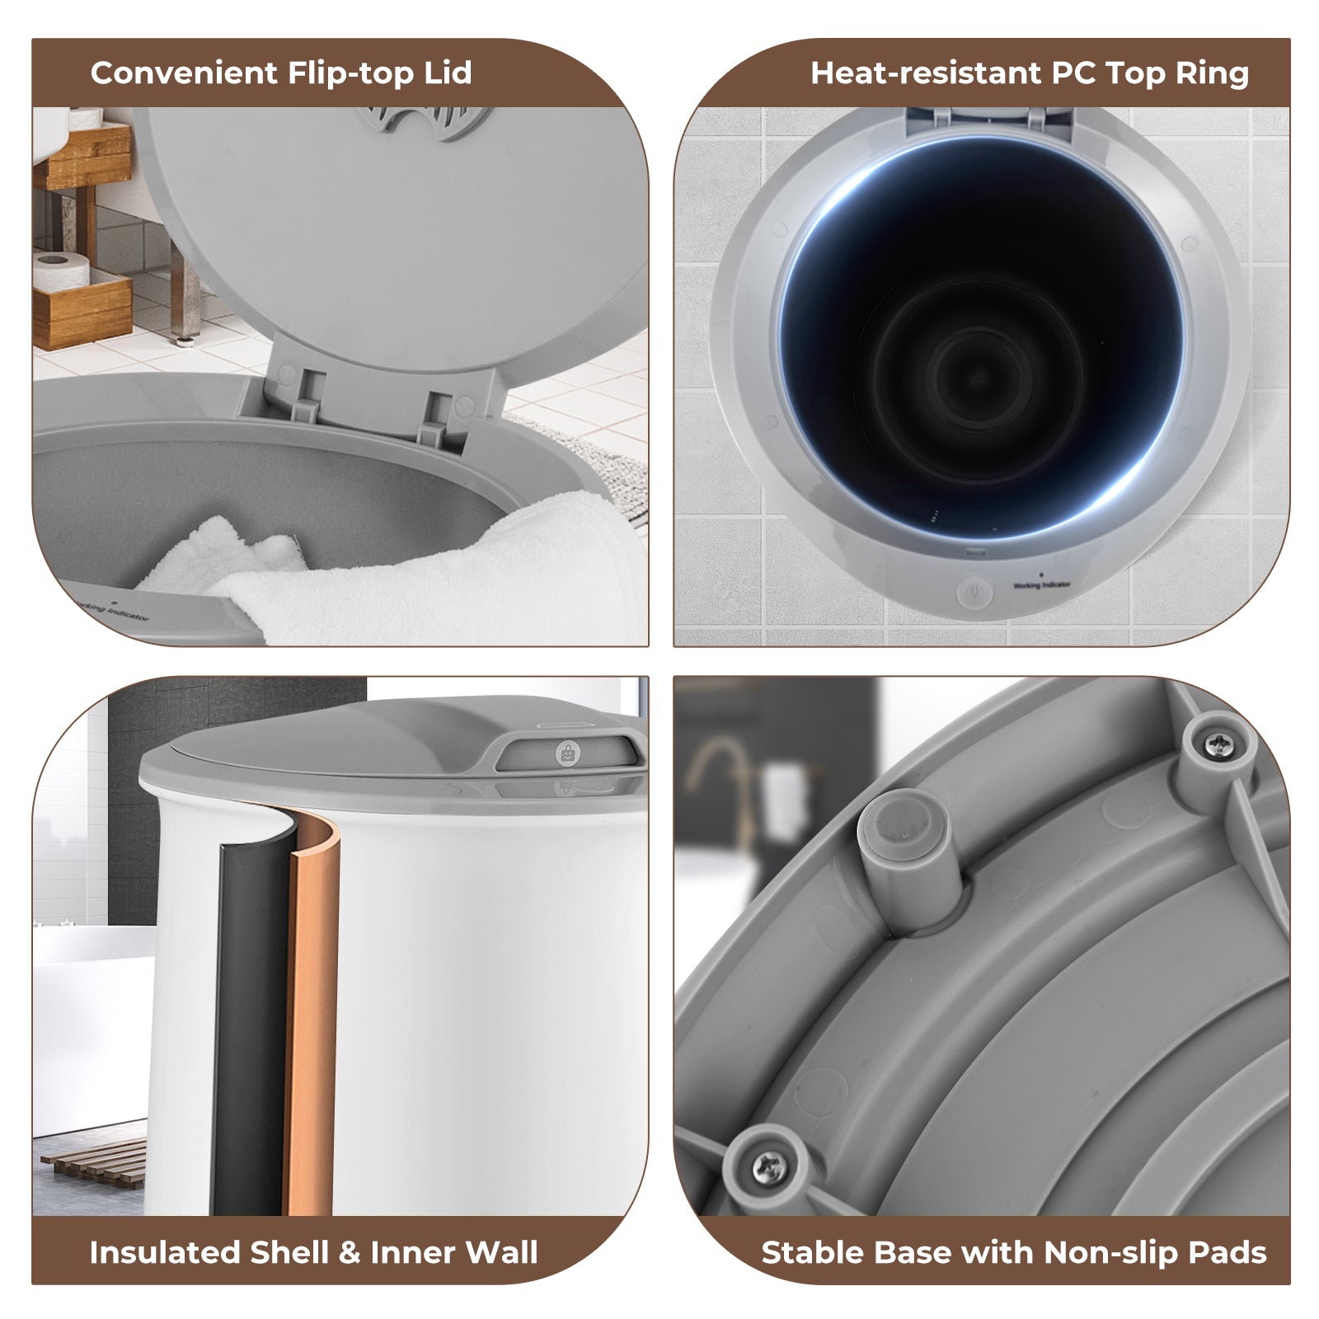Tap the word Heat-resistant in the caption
(x=930, y=73)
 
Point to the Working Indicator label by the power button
(x=1042, y=584)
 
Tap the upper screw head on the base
(x=1218, y=745)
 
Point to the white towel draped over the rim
(x=412, y=569)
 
